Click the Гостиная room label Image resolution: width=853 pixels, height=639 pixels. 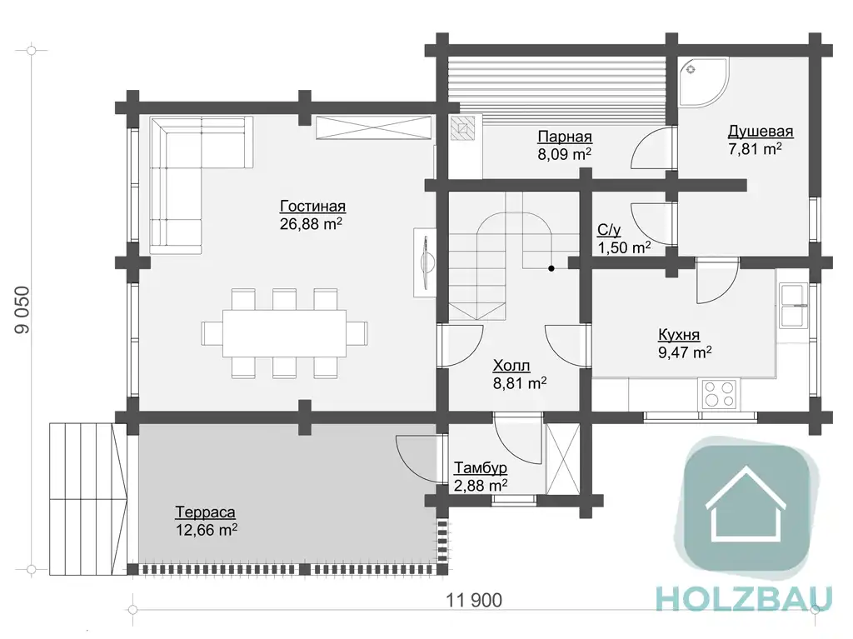point(313,207)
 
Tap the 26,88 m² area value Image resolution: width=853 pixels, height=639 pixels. point(311,224)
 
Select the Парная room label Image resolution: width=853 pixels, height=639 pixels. point(565,137)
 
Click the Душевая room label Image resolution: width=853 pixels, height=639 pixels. point(761,132)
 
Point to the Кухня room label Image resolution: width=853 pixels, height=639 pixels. point(679,334)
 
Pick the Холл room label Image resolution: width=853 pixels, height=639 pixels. point(511,365)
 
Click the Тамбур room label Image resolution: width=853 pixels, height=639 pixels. point(481,468)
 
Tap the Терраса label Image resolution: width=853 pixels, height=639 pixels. point(205,512)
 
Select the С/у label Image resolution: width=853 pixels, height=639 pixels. point(609,230)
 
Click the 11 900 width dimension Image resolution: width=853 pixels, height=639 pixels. point(474,601)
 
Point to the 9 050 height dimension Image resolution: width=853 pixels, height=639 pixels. point(22,310)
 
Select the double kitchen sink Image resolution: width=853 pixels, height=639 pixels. point(794,306)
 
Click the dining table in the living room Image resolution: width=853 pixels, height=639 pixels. point(284,333)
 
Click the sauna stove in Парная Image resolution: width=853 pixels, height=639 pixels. point(462,128)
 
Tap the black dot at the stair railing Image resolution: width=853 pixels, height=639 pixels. point(551,268)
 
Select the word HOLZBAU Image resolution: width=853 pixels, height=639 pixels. point(744,599)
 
